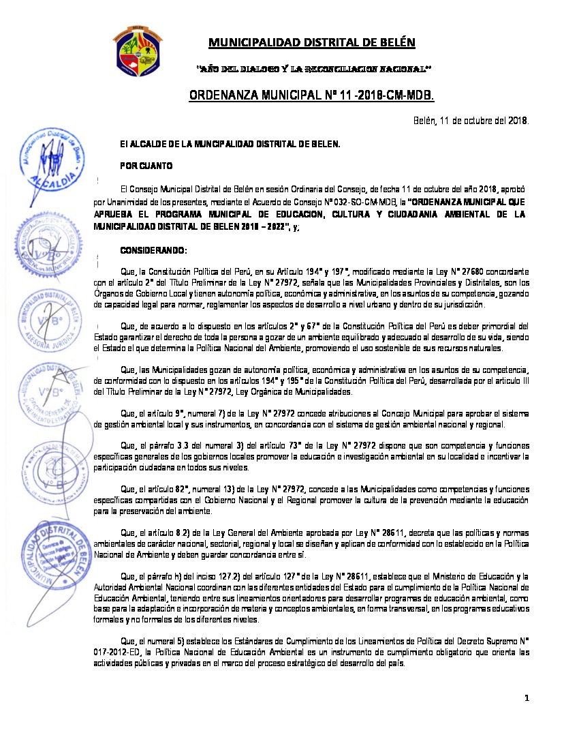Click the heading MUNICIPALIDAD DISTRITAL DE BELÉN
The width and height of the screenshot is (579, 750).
(x=311, y=43)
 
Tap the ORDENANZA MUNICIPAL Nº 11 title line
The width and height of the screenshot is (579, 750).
(x=311, y=94)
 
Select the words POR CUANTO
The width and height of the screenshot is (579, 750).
(x=146, y=166)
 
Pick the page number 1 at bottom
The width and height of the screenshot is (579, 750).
(x=527, y=697)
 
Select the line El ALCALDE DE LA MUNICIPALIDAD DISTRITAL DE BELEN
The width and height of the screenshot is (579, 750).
(x=230, y=144)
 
